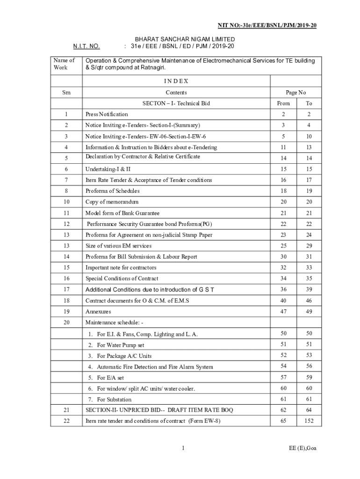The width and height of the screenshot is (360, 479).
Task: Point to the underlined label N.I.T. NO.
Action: coord(86,46)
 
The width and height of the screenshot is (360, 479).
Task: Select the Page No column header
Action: coord(296,93)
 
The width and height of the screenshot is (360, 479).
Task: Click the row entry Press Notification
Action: coord(107,114)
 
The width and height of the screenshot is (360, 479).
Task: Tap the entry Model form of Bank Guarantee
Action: coord(122,213)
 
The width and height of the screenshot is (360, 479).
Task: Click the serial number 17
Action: coord(66,290)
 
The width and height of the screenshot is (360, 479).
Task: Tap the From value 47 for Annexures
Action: coord(283,311)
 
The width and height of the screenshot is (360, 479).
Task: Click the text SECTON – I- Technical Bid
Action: coord(176,103)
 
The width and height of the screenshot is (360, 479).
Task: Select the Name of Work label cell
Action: coord(64,64)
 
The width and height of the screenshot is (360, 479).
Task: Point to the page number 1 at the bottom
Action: coord(183,449)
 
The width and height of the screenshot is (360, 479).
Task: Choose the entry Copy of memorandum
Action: coord(112,202)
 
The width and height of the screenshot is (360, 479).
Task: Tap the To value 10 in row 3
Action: coord(309,136)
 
